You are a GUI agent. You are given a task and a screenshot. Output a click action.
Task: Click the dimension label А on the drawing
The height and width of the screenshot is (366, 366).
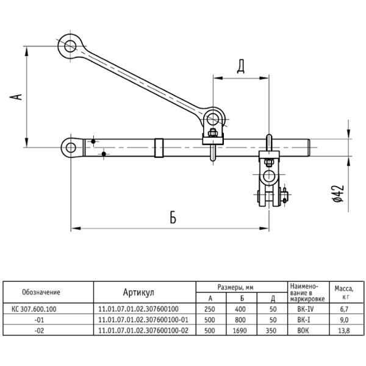click(x=18, y=97)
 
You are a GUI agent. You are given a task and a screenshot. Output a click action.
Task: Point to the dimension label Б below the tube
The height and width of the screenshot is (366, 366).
click(x=173, y=218)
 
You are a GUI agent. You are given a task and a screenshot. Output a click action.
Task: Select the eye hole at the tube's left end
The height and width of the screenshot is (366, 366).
click(x=70, y=146)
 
